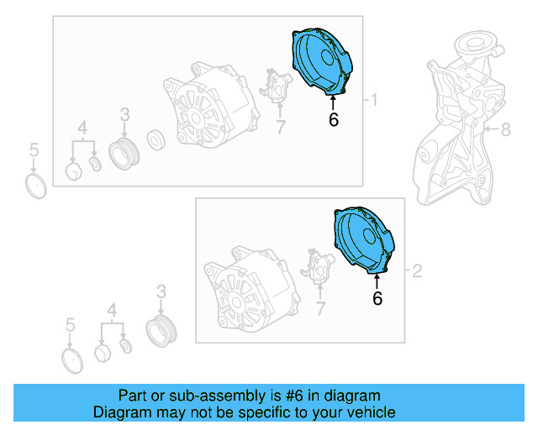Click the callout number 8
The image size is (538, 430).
pyautogui.click(x=506, y=129)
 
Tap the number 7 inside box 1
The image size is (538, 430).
pyautogui.click(x=281, y=127)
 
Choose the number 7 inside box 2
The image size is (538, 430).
pyautogui.click(x=320, y=309)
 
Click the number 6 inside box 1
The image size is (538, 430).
pyautogui.click(x=334, y=120)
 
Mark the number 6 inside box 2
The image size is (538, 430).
pyautogui.click(x=377, y=297)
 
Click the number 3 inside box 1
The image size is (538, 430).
pyautogui.click(x=124, y=114)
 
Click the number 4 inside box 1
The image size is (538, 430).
pyautogui.click(x=82, y=128)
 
